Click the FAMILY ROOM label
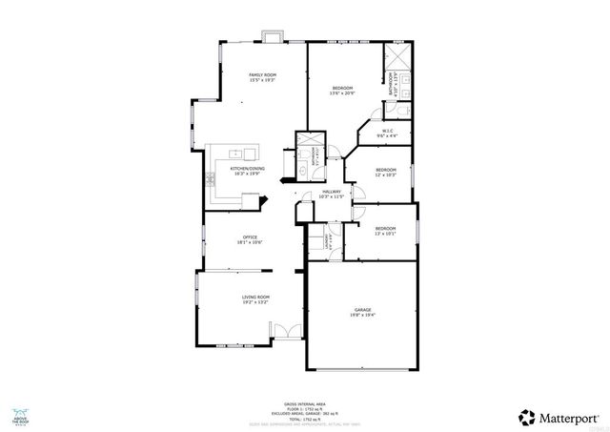pyautogui.click(x=262, y=76)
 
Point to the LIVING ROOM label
pyautogui.click(x=255, y=299)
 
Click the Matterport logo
pyautogui.click(x=559, y=417)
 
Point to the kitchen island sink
pyautogui.click(x=249, y=153)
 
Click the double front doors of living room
pyautogui.click(x=282, y=333)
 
